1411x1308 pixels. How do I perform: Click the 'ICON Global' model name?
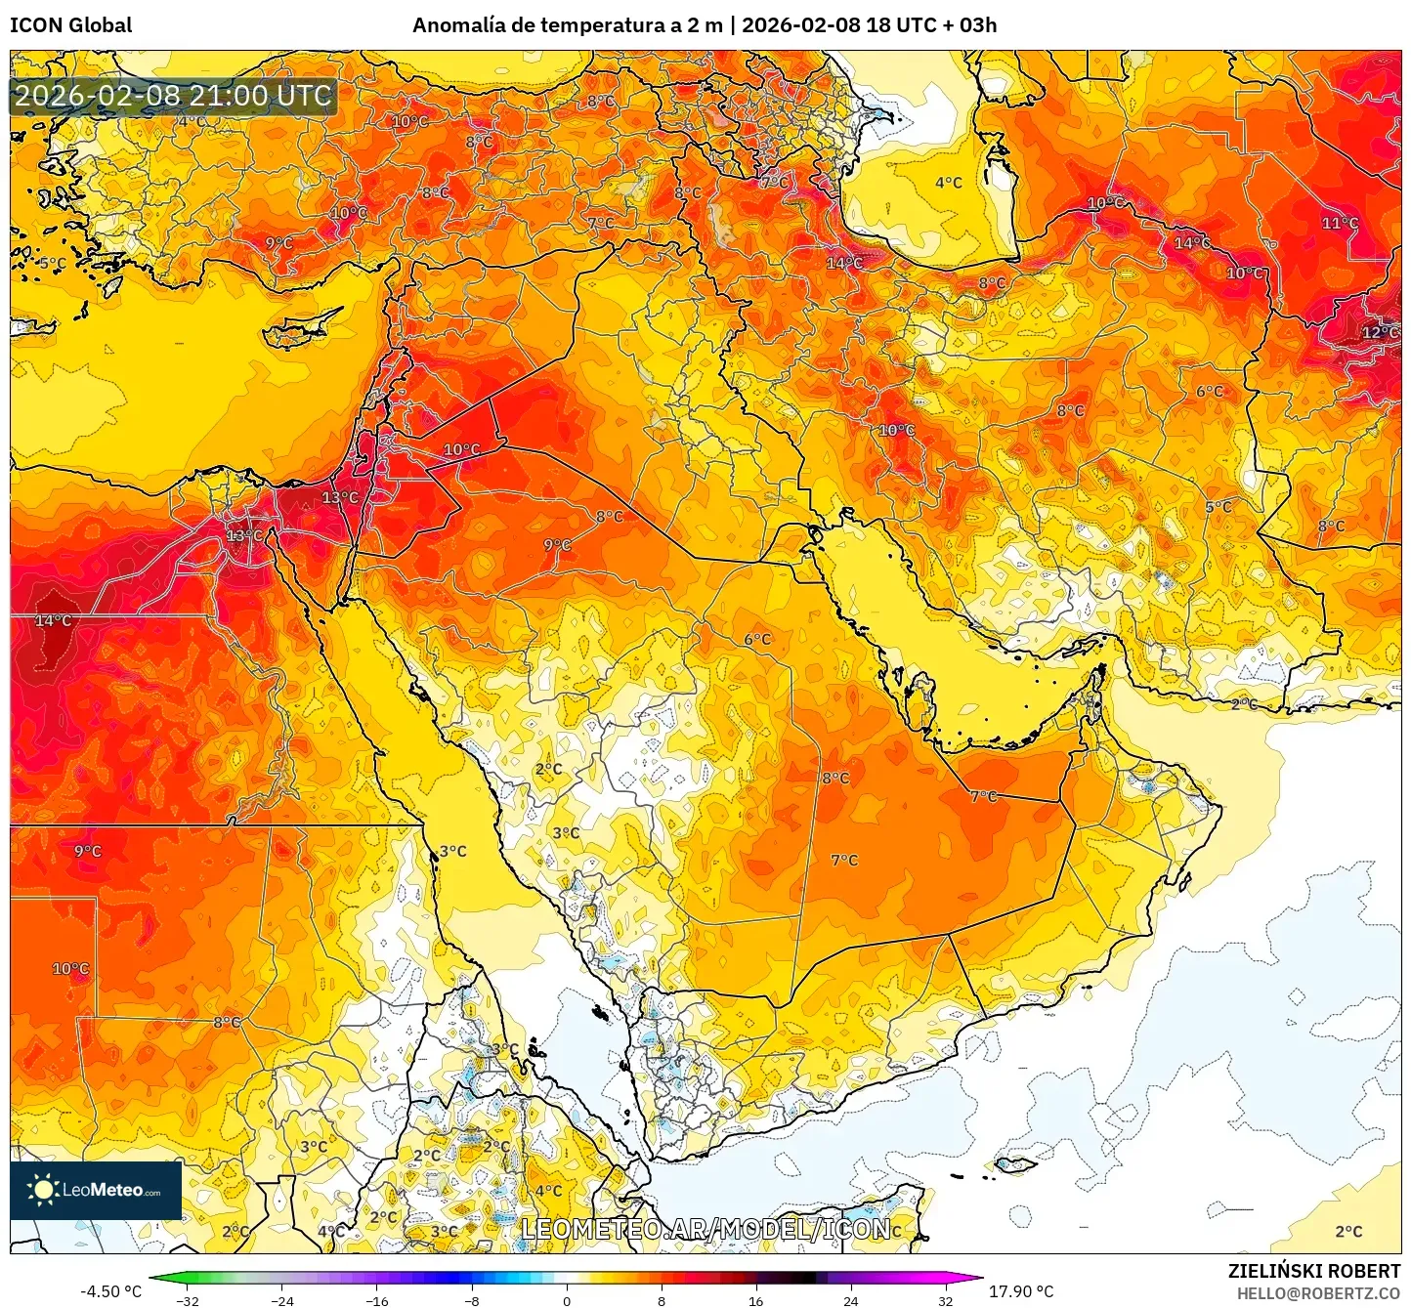click(70, 25)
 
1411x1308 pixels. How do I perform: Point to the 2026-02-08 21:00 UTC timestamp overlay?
click(173, 96)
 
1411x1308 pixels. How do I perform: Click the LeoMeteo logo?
click(96, 1190)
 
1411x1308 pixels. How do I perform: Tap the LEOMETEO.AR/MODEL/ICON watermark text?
click(705, 1229)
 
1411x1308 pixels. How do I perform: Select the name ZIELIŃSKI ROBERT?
click(1314, 1271)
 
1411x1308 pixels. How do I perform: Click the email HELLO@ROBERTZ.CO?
click(1318, 1293)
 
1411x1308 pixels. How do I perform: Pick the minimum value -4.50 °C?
click(110, 1291)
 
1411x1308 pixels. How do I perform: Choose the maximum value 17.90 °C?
click(1021, 1291)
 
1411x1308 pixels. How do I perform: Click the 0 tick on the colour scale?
click(567, 1300)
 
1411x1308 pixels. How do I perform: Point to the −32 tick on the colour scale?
click(187, 1300)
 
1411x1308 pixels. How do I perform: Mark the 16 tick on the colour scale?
click(756, 1300)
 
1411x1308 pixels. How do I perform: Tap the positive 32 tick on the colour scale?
click(946, 1300)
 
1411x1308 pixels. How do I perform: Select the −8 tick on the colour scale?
click(472, 1300)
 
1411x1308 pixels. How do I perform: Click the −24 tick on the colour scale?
click(281, 1300)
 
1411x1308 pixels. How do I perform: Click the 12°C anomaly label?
click(1379, 332)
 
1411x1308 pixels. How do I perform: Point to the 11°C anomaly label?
click(1340, 223)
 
